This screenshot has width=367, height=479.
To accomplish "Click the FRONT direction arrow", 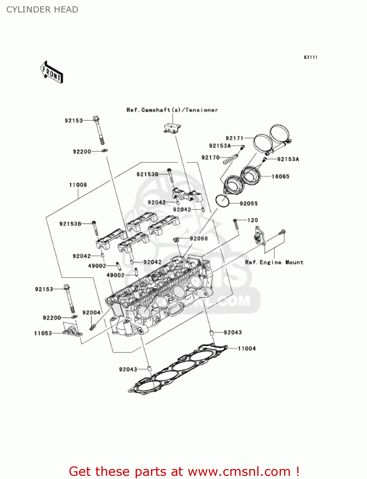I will tap(52, 72).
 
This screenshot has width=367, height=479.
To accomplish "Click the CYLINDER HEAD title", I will tap(42, 10).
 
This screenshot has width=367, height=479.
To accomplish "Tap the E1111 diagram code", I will tap(310, 57).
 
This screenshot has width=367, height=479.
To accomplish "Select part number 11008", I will tap(78, 185).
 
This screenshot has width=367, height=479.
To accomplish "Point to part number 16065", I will tap(280, 176).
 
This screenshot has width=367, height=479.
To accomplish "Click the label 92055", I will tap(249, 203).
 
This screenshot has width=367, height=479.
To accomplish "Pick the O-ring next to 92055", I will tap(222, 201).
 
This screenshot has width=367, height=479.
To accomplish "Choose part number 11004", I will tap(247, 348).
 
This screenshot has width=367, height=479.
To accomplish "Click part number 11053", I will tap(43, 333).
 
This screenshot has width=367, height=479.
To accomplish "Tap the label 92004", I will tap(91, 313).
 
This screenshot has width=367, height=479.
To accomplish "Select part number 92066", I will tap(199, 239).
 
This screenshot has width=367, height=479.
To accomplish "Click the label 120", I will tap(252, 220).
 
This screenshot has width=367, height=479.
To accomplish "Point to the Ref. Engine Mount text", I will tap(274, 262).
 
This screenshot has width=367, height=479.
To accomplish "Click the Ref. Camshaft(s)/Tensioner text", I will tap(172, 110).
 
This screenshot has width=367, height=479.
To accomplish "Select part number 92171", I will tap(235, 138).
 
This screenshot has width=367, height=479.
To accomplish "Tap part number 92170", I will tap(210, 157).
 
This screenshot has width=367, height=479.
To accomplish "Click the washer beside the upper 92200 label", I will tap(104, 150).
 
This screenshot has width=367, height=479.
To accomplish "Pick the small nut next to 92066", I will tap(176, 239).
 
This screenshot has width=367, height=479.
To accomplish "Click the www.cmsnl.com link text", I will tap(239, 471).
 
